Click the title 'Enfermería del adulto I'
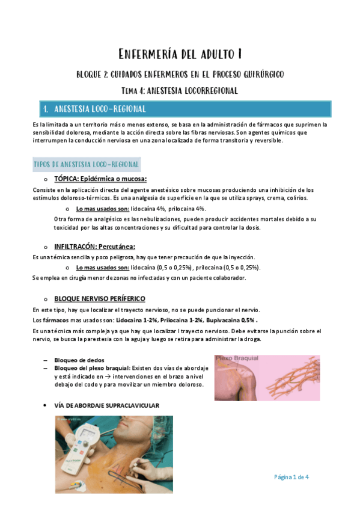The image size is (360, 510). (180, 55)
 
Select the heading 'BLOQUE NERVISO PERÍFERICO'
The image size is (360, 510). (99, 299)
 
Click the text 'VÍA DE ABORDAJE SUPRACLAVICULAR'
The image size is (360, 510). (106, 406)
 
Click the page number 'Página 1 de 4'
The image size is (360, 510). (291, 477)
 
